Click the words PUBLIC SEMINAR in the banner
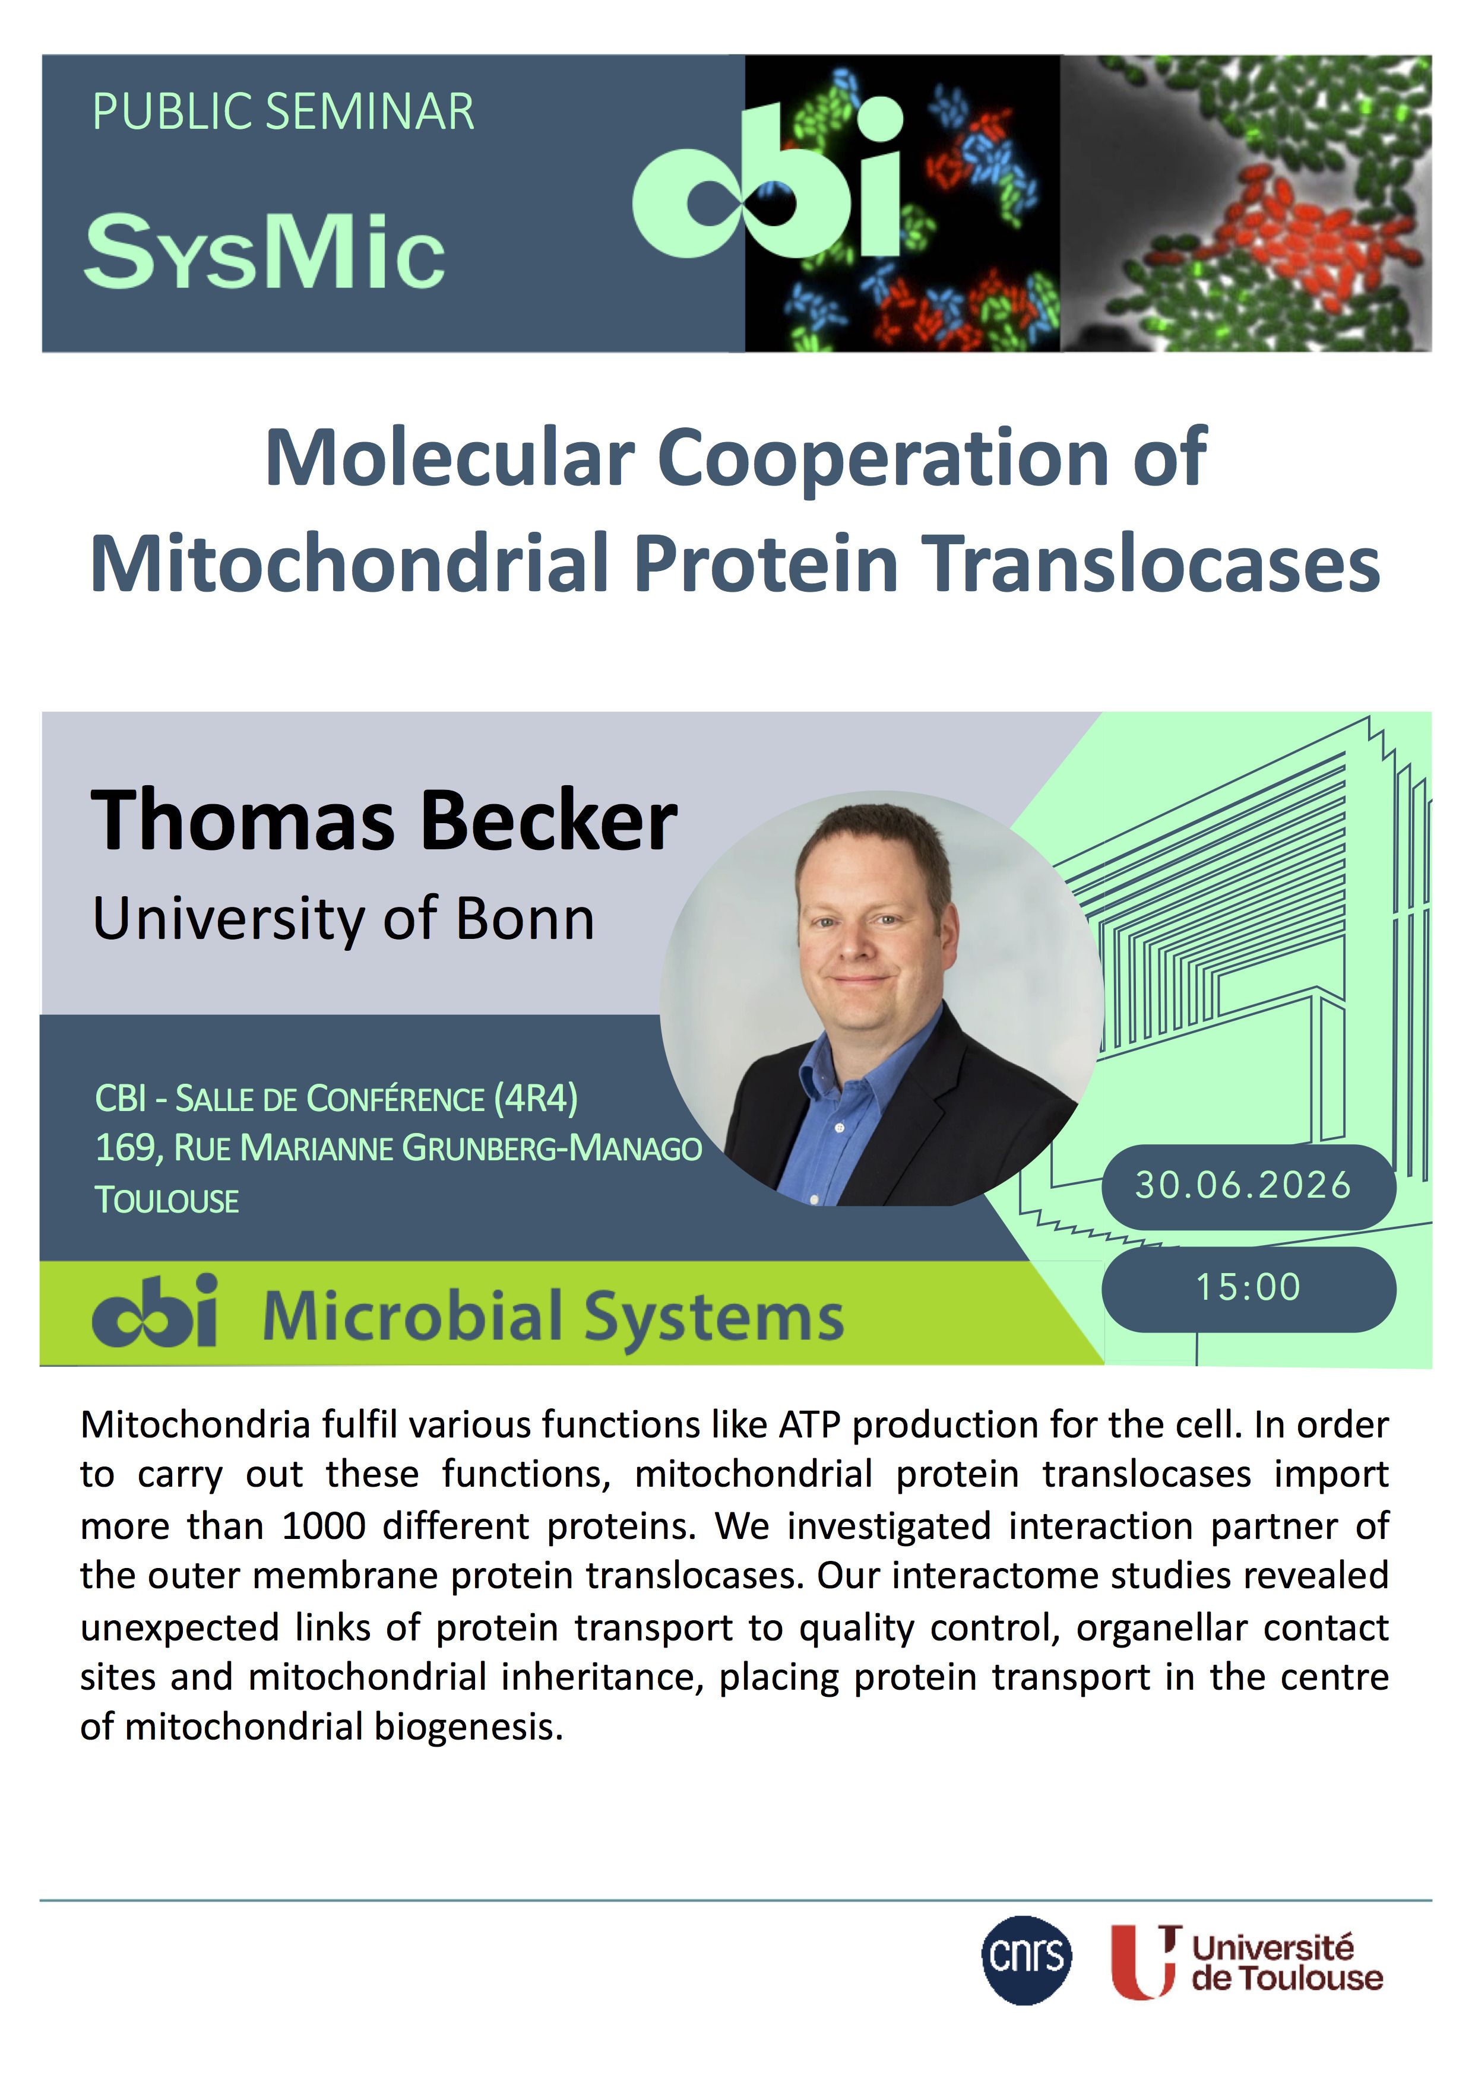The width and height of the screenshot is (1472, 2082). [283, 112]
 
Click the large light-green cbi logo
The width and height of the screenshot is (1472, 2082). [767, 179]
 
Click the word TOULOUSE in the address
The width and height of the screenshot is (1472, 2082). [167, 1201]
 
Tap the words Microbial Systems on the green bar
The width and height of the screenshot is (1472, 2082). [553, 1316]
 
